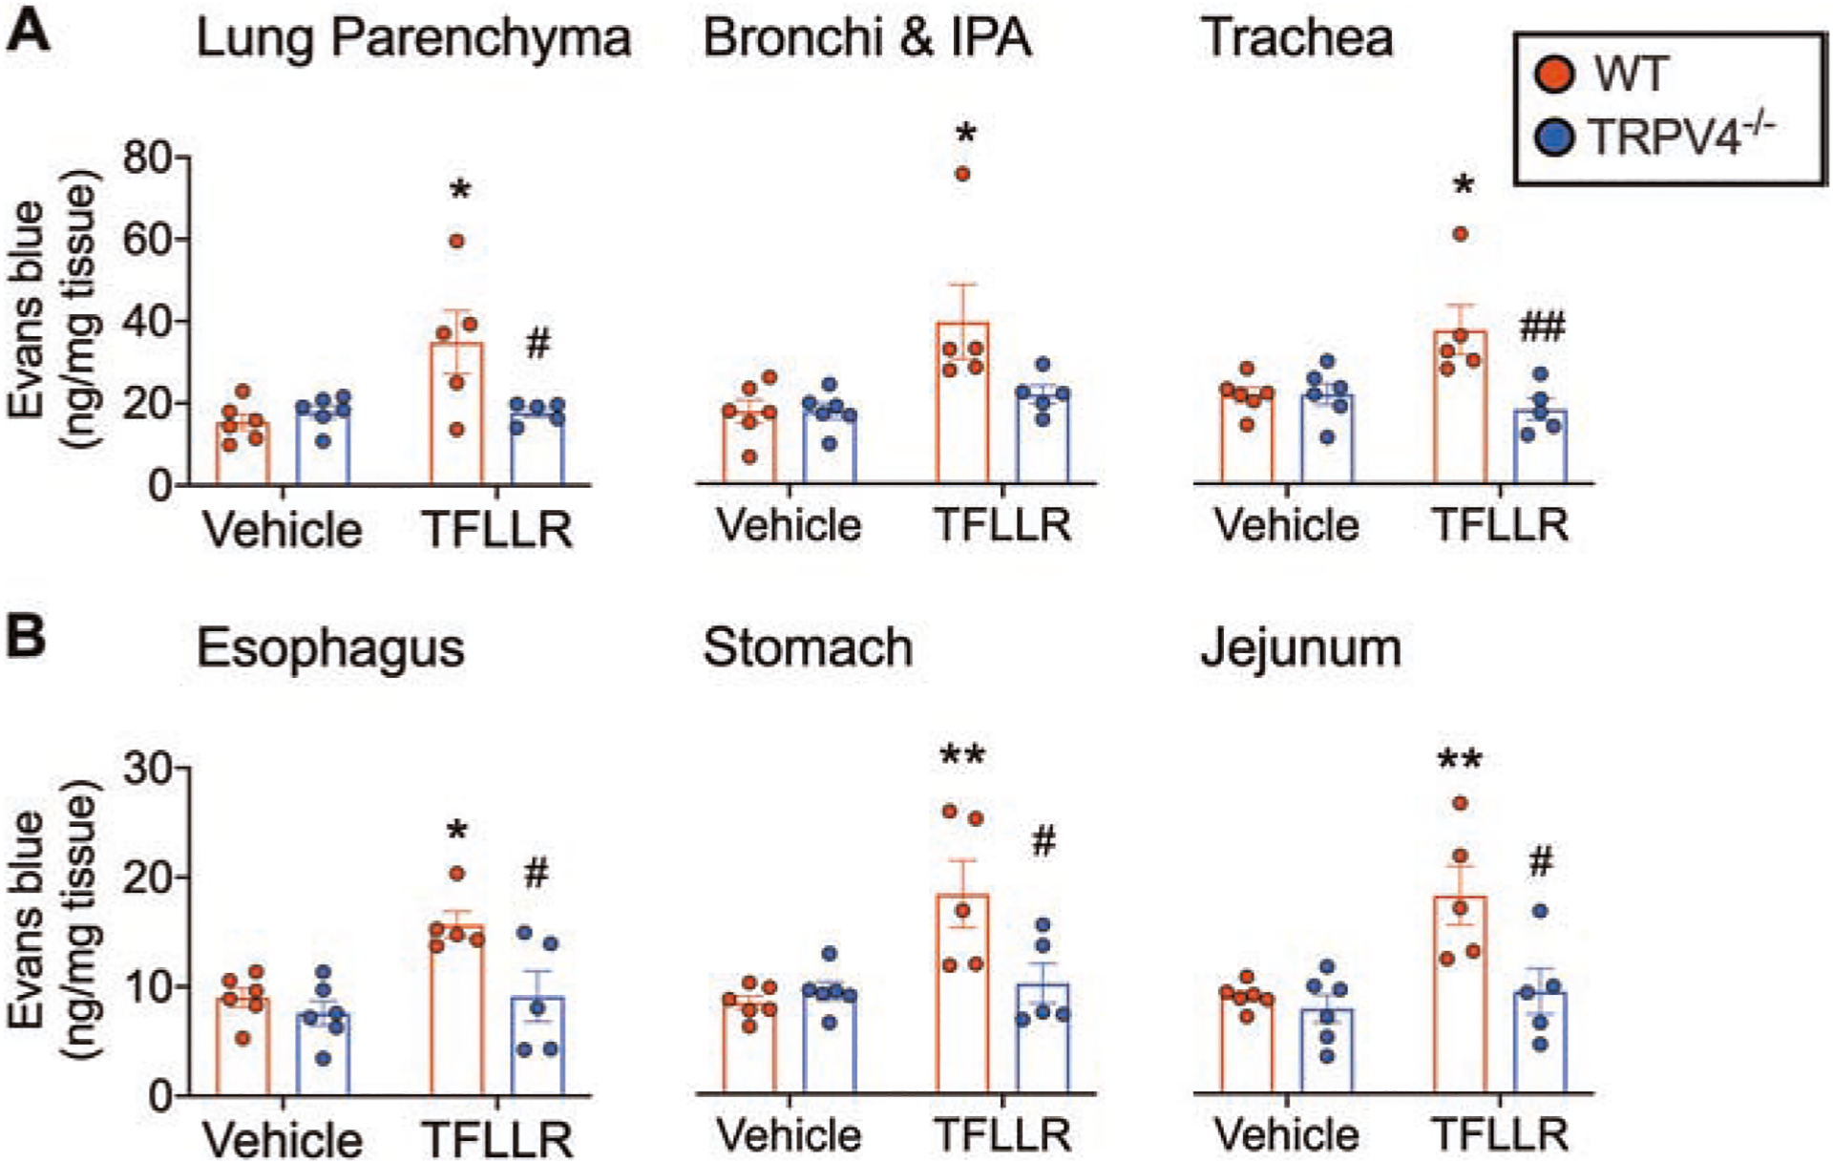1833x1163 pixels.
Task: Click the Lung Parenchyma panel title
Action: [x=412, y=39]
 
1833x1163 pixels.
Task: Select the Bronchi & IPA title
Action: [x=867, y=39]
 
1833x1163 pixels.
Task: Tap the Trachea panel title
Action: [x=1297, y=39]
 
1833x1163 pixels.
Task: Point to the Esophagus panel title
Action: [x=330, y=648]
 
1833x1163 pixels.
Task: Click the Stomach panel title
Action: [x=808, y=648]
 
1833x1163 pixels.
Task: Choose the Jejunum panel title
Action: [x=1300, y=648]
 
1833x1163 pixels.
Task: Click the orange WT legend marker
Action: [x=1553, y=74]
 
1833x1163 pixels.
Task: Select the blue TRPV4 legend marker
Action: [x=1553, y=137]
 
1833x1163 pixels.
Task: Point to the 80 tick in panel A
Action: [x=147, y=159]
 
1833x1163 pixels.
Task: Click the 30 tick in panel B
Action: [x=147, y=769]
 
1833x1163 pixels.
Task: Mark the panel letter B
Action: [x=26, y=635]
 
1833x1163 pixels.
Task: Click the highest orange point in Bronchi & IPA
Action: [x=962, y=174]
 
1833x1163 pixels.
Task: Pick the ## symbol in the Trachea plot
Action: [x=1542, y=328]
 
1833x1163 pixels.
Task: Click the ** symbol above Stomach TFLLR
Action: [x=962, y=756]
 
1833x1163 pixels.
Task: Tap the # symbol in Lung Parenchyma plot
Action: [x=538, y=344]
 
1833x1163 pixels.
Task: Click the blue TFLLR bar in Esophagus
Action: [x=537, y=1046]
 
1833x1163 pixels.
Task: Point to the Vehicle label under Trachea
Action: [x=1286, y=525]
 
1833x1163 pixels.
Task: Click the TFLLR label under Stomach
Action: [x=1003, y=1135]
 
